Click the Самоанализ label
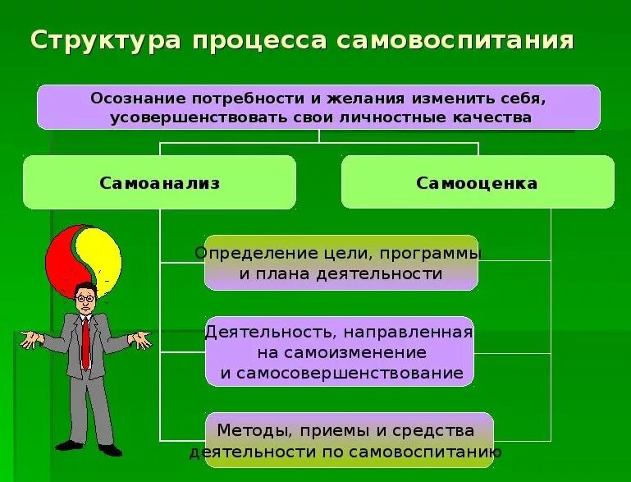pos(160,183)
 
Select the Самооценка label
pos(477,183)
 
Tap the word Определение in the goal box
pos(245,253)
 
